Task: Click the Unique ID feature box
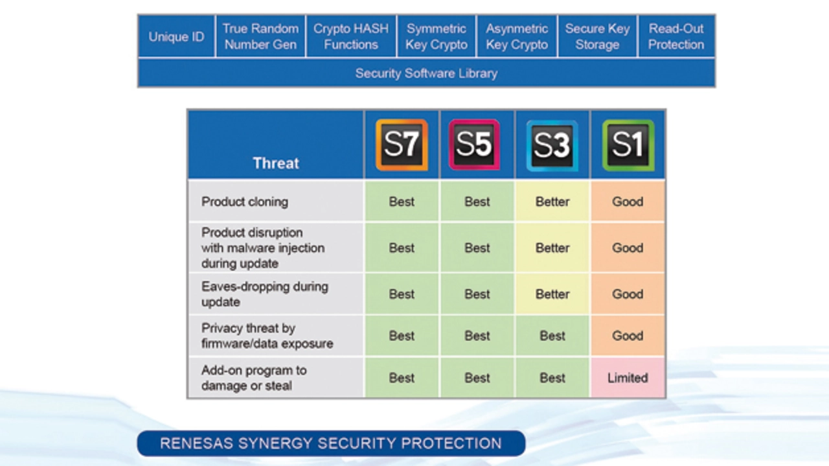click(x=176, y=36)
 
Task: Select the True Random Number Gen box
click(x=260, y=36)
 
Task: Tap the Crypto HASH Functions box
click(x=351, y=36)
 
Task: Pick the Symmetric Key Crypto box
click(x=437, y=36)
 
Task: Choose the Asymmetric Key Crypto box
click(x=517, y=36)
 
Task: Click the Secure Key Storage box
click(x=597, y=36)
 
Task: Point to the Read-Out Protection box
click(x=676, y=36)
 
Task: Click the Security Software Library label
click(x=426, y=73)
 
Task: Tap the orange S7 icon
click(x=402, y=145)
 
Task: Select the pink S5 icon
click(x=474, y=145)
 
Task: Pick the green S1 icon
click(x=628, y=145)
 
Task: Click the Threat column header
click(x=276, y=163)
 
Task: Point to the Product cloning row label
click(x=245, y=202)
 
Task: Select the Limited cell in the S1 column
click(x=628, y=377)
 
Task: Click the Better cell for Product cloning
click(x=552, y=202)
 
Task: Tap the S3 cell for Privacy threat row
click(x=552, y=336)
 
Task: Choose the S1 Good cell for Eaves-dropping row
click(x=628, y=294)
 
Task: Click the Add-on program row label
click(x=254, y=378)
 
